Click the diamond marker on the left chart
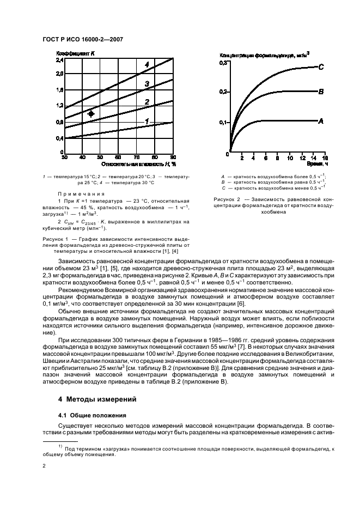91,114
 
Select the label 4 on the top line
147,65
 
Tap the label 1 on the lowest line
147,121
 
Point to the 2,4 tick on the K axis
59,60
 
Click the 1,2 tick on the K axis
59,106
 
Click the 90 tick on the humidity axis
173,157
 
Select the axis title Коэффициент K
76,53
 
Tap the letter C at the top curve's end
321,67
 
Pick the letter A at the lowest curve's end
321,122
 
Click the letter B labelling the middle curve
321,92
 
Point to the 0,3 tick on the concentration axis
222,64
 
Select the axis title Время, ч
315,163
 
